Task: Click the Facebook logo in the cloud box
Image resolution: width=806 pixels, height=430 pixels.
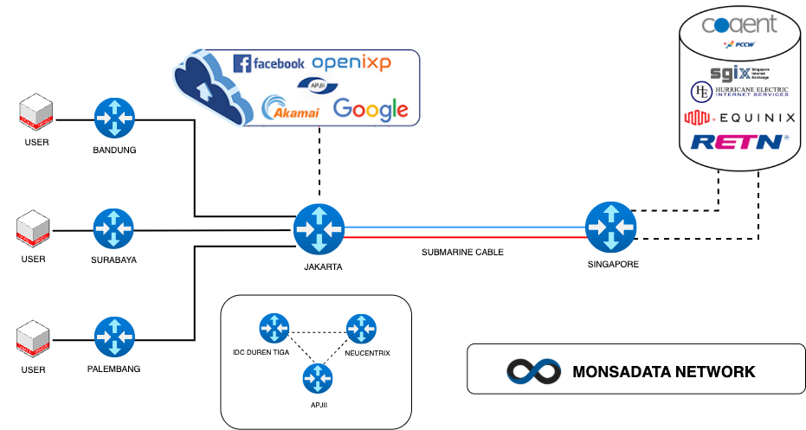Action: (269, 63)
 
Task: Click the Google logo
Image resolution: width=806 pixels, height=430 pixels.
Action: (370, 109)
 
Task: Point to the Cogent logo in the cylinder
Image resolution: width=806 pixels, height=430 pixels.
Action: (739, 23)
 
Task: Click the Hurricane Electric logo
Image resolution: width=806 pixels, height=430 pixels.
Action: (739, 92)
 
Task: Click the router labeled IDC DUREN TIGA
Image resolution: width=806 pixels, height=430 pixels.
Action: (274, 327)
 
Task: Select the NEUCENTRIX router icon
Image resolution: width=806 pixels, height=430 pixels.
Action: (361, 329)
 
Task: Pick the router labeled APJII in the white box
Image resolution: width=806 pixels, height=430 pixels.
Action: (317, 378)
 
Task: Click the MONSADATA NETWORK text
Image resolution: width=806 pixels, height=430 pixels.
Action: (663, 372)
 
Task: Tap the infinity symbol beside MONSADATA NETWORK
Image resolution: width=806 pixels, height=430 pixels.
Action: (531, 371)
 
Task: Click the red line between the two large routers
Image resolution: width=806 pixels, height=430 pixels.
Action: (465, 236)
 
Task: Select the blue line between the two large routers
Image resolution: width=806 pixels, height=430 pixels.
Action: (465, 228)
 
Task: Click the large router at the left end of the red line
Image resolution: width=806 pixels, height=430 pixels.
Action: (319, 229)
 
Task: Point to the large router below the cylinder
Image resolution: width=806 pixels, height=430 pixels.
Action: (610, 227)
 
